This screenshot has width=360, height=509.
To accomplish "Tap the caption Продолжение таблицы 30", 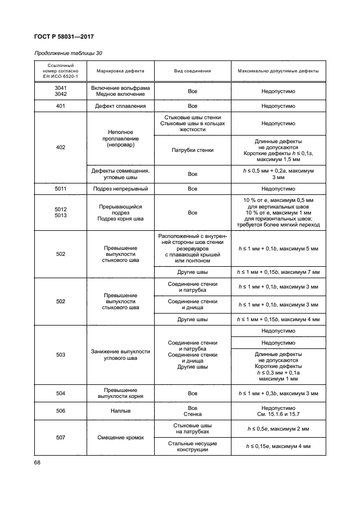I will click(68, 53).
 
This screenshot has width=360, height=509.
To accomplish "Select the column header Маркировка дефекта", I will click(120, 71).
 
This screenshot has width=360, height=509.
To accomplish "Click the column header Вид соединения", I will click(192, 71).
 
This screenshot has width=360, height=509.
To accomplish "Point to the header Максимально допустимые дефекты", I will click(278, 71).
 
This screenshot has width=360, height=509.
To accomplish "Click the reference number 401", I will click(60, 106).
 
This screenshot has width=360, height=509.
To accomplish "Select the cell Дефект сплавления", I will click(120, 106).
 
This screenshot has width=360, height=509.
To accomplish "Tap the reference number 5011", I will click(60, 188).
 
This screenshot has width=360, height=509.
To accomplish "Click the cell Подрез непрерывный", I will click(120, 188).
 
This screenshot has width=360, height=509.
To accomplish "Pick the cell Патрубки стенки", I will click(192, 150).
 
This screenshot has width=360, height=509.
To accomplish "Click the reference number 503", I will click(60, 354).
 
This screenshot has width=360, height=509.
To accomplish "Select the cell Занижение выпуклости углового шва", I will click(120, 354).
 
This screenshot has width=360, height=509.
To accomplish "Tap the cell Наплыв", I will click(120, 412).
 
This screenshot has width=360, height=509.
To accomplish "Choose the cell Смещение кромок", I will click(120, 437).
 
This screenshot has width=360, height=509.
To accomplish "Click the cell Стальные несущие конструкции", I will click(192, 446).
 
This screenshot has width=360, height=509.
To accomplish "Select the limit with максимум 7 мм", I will click(278, 272).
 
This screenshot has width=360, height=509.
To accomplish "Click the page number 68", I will click(38, 463).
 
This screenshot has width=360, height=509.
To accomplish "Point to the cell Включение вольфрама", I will click(120, 88).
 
